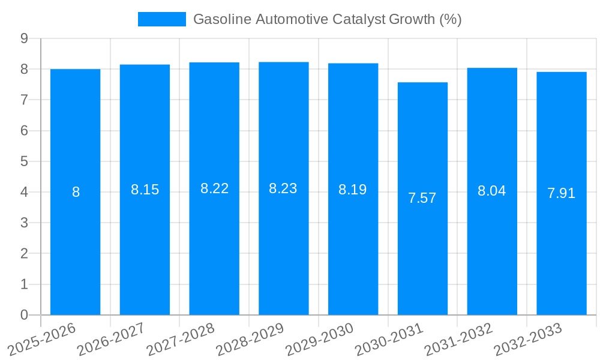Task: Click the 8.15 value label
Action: (145, 190)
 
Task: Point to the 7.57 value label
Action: (422, 199)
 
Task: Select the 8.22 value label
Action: (214, 189)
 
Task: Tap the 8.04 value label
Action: (491, 191)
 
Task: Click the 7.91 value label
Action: (561, 194)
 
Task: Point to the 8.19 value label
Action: (353, 190)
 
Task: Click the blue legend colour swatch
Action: (161, 19)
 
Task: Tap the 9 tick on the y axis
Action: (24, 38)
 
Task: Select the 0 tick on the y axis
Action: (24, 315)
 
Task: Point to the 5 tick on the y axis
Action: (24, 161)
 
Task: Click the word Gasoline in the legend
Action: (221, 19)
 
